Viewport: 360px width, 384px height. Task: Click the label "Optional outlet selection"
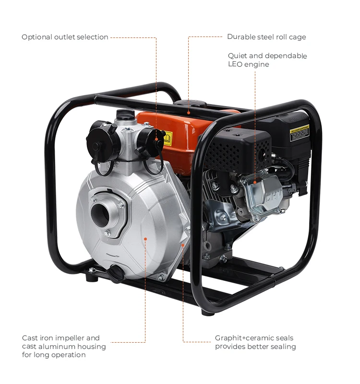pyautogui.click(x=65, y=37)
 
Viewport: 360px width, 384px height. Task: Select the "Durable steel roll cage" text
pyautogui.click(x=266, y=37)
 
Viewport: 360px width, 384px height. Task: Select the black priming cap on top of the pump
pyautogui.click(x=125, y=115)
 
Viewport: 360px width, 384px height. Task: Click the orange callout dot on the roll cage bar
pyautogui.click(x=189, y=112)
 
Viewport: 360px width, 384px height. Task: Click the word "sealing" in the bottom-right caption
pyautogui.click(x=283, y=347)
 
